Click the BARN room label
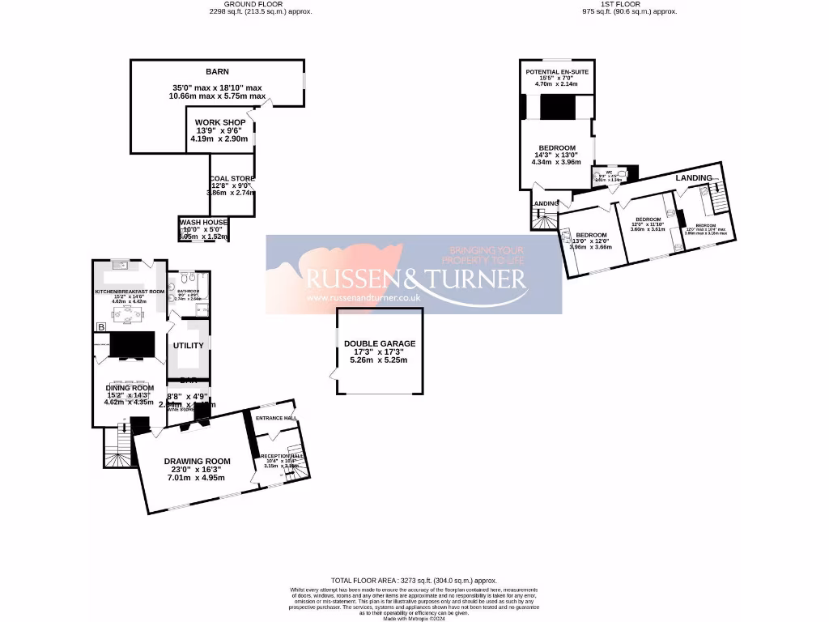[x=217, y=70]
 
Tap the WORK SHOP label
[x=220, y=122]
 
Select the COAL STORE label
[x=232, y=178]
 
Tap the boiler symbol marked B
[x=101, y=326]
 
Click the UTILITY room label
[x=189, y=345]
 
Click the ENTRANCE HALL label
[x=276, y=418]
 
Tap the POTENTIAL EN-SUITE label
[x=557, y=72]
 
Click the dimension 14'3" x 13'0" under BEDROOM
[x=556, y=155]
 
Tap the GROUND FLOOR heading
[x=237, y=4]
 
